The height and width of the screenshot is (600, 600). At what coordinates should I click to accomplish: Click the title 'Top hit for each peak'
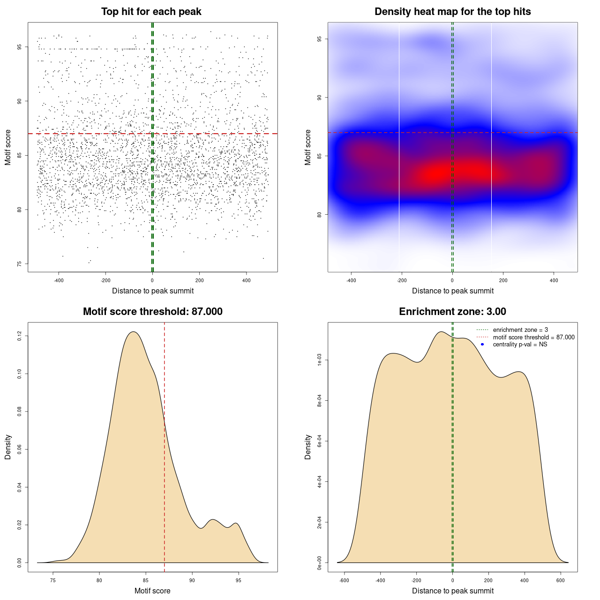[151, 12]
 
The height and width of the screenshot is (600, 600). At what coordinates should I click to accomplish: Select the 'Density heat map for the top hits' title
[452, 12]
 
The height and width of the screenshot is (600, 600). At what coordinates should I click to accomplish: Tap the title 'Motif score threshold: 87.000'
[152, 312]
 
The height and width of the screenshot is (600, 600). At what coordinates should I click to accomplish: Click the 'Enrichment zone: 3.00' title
[452, 312]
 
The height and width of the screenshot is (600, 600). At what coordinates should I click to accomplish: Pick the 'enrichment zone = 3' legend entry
[520, 330]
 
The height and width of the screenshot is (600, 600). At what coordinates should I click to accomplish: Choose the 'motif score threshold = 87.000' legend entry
[533, 337]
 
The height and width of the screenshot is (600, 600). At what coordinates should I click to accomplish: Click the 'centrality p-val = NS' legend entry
[520, 345]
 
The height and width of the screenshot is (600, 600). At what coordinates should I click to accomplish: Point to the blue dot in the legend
[482, 345]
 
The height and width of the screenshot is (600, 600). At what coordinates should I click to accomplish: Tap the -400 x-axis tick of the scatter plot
[59, 281]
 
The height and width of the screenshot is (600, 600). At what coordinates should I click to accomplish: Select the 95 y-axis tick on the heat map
[320, 39]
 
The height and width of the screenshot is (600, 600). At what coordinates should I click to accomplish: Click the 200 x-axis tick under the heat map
[503, 281]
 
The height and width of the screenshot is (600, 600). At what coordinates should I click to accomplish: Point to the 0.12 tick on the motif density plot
[20, 336]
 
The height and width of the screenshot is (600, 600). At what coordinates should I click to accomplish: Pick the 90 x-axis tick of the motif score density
[192, 581]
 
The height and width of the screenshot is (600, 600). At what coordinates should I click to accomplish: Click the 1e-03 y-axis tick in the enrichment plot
[320, 360]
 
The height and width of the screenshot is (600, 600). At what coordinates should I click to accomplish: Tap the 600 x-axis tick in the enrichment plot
[561, 581]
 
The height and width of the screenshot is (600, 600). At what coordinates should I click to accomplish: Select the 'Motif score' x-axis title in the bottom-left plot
[152, 591]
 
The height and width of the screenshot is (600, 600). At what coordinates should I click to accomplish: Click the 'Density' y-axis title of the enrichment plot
[308, 447]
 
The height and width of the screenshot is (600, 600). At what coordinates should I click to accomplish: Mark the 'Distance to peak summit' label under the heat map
[452, 291]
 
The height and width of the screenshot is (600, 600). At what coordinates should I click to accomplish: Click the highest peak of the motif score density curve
[134, 332]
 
